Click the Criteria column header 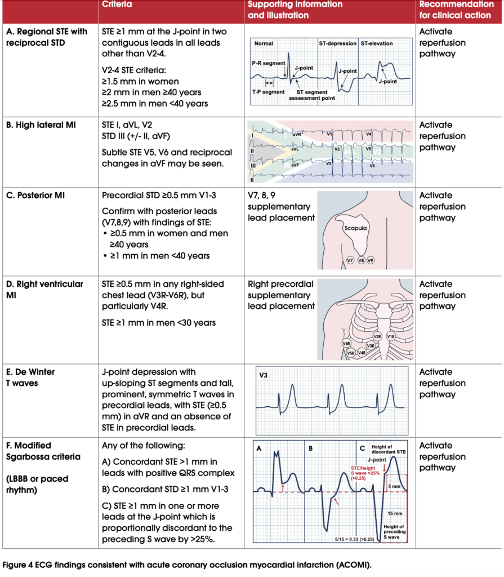117,5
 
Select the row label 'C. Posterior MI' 35,196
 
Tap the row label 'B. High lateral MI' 41,125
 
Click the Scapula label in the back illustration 355,228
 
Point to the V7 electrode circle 350,260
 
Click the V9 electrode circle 371,260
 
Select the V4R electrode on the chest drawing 362,353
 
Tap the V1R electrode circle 391,336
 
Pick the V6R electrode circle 346,343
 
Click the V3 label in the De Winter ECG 264,375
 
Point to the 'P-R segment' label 269,63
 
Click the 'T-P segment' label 269,92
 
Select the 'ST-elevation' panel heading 377,43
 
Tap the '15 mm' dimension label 395,513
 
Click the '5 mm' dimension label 394,486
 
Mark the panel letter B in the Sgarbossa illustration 311,449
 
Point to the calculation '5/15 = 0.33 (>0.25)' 355,539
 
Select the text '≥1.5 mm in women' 141,81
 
